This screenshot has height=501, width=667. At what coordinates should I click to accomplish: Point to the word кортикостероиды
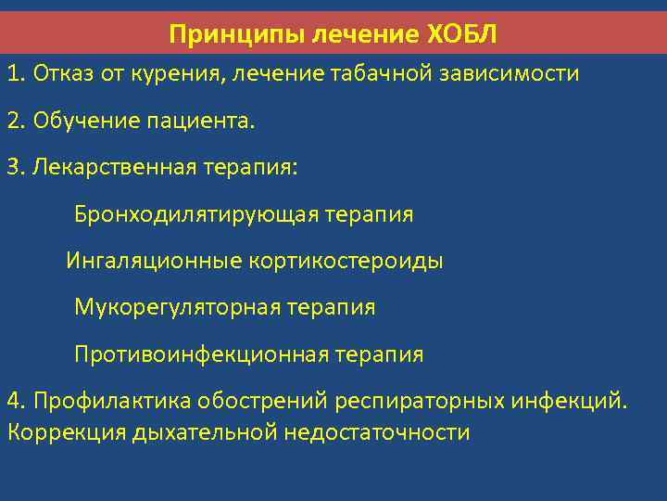[x=346, y=261]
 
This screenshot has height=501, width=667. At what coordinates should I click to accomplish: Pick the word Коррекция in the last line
[x=65, y=432]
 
